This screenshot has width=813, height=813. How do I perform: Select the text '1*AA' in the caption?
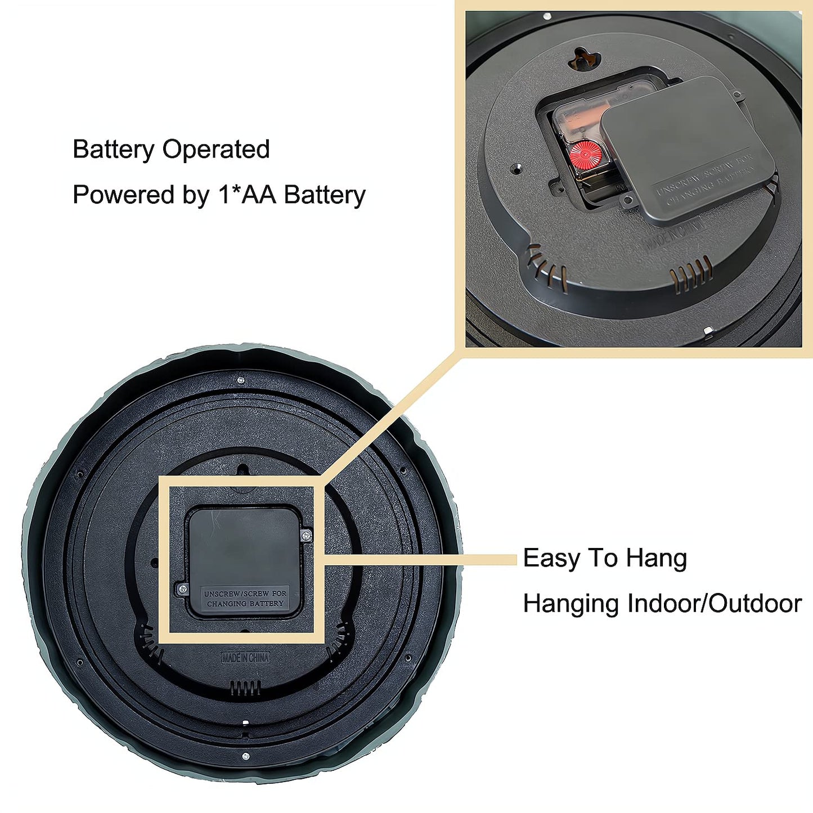coord(247,195)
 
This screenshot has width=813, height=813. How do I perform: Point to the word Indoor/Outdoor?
coord(715,603)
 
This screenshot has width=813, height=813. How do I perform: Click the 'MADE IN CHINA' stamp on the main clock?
coord(245,658)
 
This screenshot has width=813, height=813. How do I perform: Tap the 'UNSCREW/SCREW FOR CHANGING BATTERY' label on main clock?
coord(245,599)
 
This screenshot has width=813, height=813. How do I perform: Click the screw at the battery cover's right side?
coord(307,536)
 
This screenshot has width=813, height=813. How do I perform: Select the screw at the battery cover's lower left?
coord(182,589)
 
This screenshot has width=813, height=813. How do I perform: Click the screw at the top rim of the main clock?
coord(241,380)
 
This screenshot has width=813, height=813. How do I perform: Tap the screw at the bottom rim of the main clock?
coord(245,757)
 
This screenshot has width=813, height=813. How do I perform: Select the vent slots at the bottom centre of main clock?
coord(245,688)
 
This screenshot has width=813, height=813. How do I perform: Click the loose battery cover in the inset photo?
coord(686,149)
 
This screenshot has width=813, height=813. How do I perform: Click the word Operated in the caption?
coord(216,150)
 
